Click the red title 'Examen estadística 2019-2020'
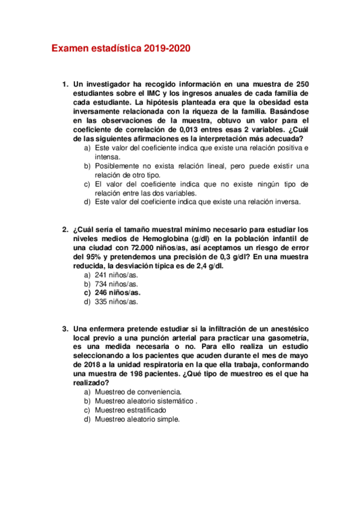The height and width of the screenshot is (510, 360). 121,48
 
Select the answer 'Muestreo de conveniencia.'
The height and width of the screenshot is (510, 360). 138,392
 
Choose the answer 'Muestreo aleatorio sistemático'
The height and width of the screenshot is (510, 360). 145,401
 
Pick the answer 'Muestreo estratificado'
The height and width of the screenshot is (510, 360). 133,410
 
